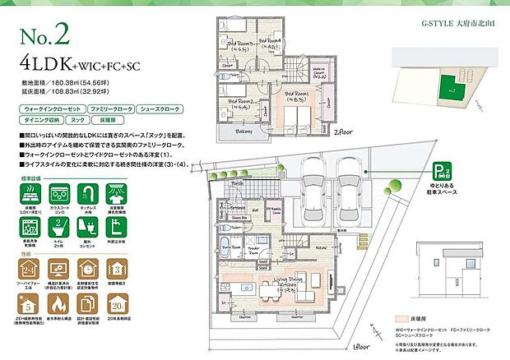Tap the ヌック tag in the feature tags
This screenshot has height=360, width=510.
click(x=92, y=119)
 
